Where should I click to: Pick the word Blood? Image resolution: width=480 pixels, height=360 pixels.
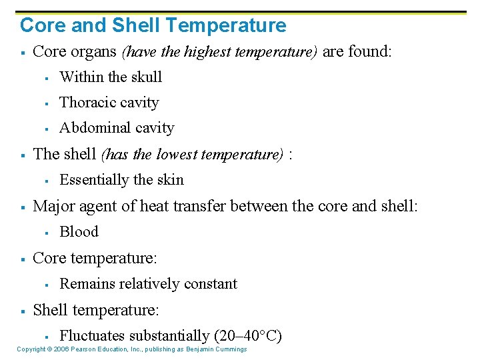79,232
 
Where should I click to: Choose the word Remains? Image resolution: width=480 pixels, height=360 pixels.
85,284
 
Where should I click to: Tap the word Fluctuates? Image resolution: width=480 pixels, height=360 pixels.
92,336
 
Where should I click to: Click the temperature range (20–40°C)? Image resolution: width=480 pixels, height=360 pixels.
247,336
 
